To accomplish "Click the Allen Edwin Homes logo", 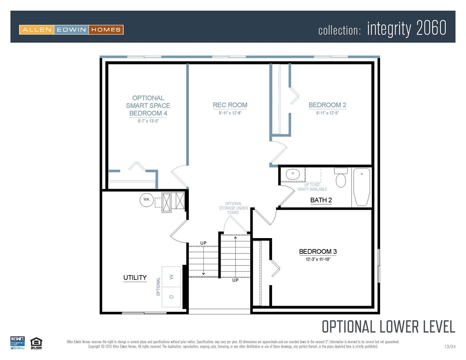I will click(x=71, y=30).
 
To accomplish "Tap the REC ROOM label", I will click(x=230, y=105).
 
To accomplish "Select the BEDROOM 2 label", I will click(x=327, y=105).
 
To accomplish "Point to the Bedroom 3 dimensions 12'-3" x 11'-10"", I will click(x=318, y=259).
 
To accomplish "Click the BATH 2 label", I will click(x=321, y=200).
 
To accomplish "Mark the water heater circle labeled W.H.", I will click(x=146, y=199).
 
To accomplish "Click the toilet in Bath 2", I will click(x=341, y=178).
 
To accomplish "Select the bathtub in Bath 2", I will click(x=362, y=187).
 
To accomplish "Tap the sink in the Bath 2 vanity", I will click(x=293, y=174).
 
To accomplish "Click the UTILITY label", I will click(x=135, y=277).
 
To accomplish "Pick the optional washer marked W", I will click(x=171, y=277).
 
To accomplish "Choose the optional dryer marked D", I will click(x=171, y=297).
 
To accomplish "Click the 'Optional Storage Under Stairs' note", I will click(x=233, y=208).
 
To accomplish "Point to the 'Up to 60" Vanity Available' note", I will click(x=312, y=187).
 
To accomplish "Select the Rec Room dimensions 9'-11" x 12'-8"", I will click(x=230, y=113).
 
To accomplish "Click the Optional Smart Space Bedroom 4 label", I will click(x=148, y=105).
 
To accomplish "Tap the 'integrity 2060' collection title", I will click(x=406, y=29).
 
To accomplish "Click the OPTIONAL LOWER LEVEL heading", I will click(x=388, y=327).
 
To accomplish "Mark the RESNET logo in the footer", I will click(x=18, y=343).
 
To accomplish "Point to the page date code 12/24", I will click(x=449, y=346).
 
